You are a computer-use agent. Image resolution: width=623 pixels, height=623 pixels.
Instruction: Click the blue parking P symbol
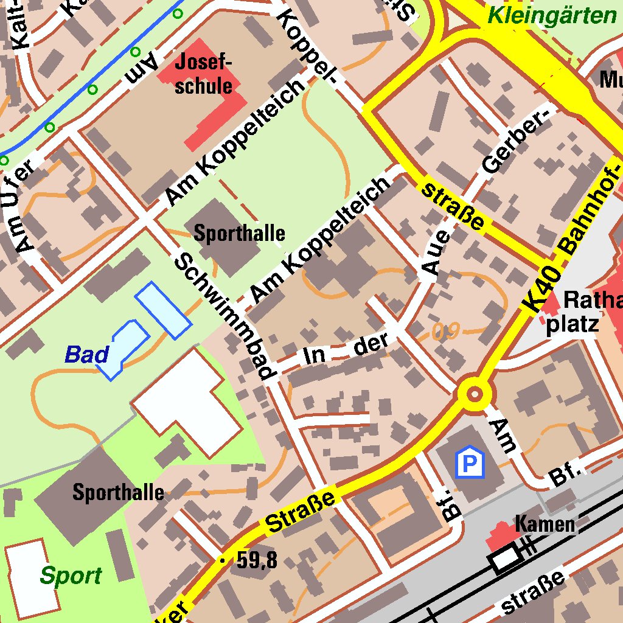point(469,464)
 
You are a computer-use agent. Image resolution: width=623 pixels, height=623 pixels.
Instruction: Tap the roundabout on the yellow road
point(474,394)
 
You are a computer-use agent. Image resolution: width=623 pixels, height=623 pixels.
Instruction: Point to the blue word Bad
point(87,354)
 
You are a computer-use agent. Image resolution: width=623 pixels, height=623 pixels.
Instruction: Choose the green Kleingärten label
point(552,15)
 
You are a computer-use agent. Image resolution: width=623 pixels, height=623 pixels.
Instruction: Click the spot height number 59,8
point(256,560)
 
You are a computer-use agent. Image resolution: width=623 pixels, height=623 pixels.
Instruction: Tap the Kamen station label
point(545,523)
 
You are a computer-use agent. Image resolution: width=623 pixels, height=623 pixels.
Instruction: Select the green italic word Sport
point(71,575)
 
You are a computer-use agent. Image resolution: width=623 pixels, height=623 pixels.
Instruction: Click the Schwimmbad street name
point(225,316)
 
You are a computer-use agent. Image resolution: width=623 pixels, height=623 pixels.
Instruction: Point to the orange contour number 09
point(445,332)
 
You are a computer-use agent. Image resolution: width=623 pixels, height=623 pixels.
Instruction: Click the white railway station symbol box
point(504,559)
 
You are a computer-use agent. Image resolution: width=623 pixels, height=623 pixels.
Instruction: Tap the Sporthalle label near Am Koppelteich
point(239,233)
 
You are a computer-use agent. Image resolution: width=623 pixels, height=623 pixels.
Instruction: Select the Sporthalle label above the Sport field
point(118,492)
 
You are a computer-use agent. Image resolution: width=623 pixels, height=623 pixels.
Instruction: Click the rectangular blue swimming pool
point(163,310)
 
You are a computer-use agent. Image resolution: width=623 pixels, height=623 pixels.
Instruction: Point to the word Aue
point(436,254)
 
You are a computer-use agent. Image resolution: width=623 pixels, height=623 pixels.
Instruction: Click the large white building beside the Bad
point(189,402)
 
